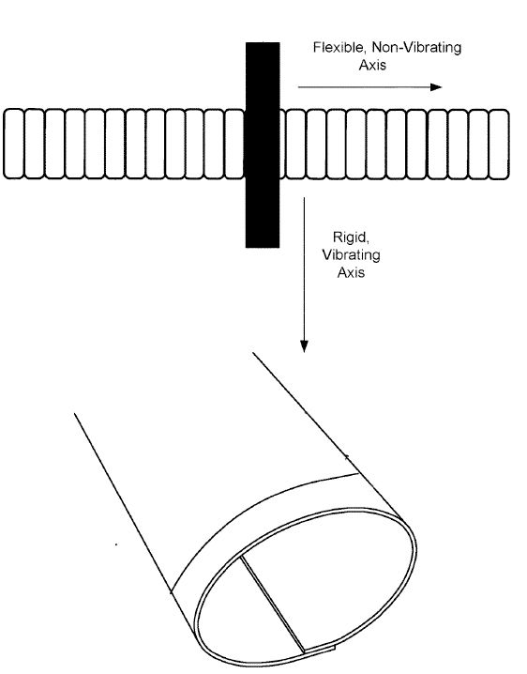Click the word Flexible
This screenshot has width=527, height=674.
pyautogui.click(x=339, y=47)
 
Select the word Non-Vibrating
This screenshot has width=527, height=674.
pyautogui.click(x=416, y=47)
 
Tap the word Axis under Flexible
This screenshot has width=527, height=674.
pyautogui.click(x=372, y=65)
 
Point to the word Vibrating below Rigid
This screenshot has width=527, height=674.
pyautogui.click(x=351, y=255)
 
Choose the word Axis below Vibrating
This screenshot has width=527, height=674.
pyautogui.click(x=351, y=272)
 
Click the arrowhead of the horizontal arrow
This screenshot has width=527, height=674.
pyautogui.click(x=436, y=87)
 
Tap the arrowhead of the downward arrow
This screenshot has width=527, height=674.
pyautogui.click(x=304, y=346)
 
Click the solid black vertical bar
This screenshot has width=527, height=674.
pyautogui.click(x=263, y=145)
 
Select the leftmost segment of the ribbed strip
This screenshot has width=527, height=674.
pyautogui.click(x=13, y=144)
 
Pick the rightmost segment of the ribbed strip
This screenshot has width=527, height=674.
pyautogui.click(x=499, y=145)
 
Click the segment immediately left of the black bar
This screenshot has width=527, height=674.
pyautogui.click(x=234, y=144)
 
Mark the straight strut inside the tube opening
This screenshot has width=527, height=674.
pyautogui.click(x=272, y=605)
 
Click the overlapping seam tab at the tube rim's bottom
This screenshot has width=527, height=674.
pyautogui.click(x=320, y=649)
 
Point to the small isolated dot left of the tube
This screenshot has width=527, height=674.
pyautogui.click(x=116, y=544)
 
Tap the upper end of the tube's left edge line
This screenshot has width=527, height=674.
pyautogui.click(x=75, y=414)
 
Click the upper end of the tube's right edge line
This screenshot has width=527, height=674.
pyautogui.click(x=253, y=353)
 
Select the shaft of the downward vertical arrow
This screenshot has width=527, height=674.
pyautogui.click(x=304, y=269)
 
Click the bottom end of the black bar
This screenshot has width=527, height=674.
pyautogui.click(x=263, y=247)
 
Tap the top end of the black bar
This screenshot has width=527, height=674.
pyautogui.click(x=263, y=43)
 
